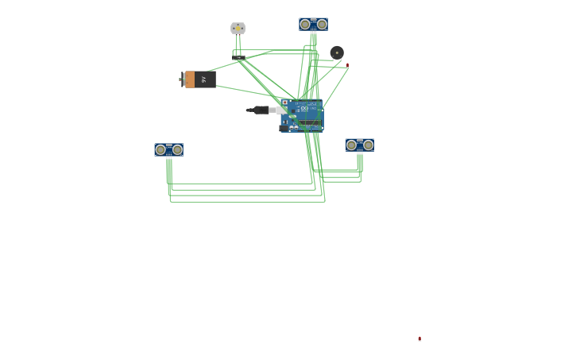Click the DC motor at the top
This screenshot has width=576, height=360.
(x=238, y=28)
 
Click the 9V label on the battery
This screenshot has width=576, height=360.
(x=204, y=79)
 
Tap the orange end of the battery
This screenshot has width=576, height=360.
(x=189, y=79)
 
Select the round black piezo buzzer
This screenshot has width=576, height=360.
(x=337, y=52)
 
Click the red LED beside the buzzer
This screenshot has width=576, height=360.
(x=347, y=64)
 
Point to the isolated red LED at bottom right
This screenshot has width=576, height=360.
(x=419, y=339)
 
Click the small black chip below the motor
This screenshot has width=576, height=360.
(x=239, y=57)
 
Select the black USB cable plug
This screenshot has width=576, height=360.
(x=261, y=110)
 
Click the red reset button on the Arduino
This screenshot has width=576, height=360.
(x=284, y=102)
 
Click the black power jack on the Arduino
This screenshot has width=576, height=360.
(x=284, y=128)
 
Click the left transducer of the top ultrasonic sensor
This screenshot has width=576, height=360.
(x=305, y=24)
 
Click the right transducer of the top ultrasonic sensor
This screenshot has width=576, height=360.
(x=322, y=24)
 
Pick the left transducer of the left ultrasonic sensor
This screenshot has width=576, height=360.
(x=160, y=149)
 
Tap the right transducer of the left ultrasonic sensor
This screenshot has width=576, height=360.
(x=177, y=149)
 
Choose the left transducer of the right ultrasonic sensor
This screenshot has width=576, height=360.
(x=351, y=145)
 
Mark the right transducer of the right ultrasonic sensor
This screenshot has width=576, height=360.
(x=368, y=145)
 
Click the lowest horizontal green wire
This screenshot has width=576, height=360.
(x=246, y=202)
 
